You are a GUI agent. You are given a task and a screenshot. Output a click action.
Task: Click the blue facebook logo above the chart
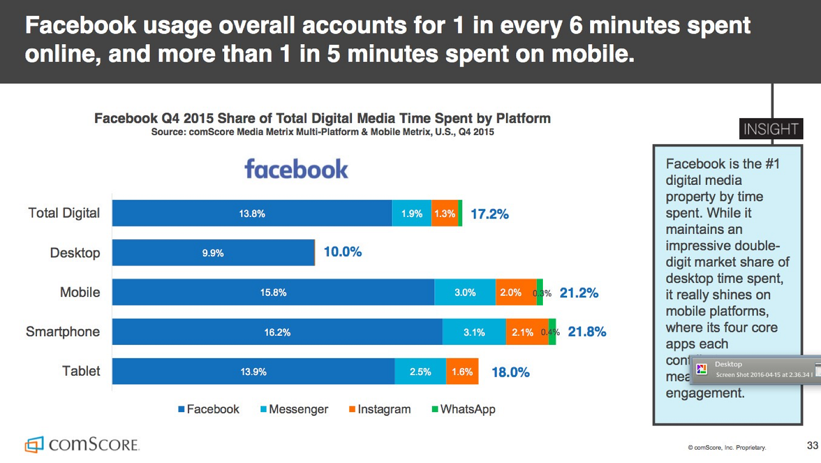coord(296,169)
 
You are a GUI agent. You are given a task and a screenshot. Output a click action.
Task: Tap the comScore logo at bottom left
coord(82,445)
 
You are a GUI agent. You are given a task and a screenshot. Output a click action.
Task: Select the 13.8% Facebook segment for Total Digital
coord(252,214)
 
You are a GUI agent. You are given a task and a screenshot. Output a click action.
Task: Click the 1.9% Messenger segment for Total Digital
coord(412,214)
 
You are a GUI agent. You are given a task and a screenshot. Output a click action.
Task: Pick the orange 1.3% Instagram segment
coord(444,214)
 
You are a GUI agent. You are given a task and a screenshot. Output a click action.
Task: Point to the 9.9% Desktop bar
coord(213,253)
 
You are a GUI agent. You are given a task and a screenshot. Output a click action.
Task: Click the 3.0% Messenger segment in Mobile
coord(465,293)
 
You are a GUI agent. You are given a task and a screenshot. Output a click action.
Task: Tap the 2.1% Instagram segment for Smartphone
coord(522,332)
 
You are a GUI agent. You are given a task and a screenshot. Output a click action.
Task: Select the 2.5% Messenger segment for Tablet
coord(420,372)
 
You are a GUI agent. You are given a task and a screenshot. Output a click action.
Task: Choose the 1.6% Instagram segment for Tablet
coord(462,372)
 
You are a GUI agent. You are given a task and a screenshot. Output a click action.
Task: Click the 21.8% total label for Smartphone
coord(587,332)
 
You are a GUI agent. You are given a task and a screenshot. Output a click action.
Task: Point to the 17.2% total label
coord(490,214)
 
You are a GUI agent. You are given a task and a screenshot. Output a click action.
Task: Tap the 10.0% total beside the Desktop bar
coord(342,252)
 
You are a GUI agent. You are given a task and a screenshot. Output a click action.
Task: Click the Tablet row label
coord(81,371)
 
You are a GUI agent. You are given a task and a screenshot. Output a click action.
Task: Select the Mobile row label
coord(80,293)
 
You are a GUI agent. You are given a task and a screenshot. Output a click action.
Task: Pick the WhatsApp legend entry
coord(463,409)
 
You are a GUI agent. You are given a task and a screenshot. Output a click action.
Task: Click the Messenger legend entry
coord(294,409)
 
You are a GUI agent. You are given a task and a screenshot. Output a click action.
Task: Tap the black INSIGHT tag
coord(771,129)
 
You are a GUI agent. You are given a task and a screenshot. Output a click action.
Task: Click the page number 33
coord(812,446)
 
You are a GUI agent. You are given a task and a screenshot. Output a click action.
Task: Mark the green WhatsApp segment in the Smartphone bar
coord(552,332)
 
